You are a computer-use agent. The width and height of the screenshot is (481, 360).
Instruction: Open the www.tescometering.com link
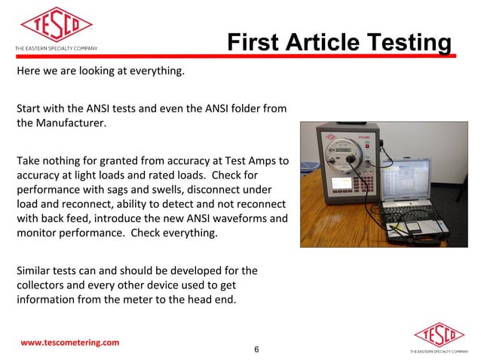point(69,343)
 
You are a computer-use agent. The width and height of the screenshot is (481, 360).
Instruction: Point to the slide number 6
point(256,349)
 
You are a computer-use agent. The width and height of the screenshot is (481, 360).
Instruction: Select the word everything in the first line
point(150,73)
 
